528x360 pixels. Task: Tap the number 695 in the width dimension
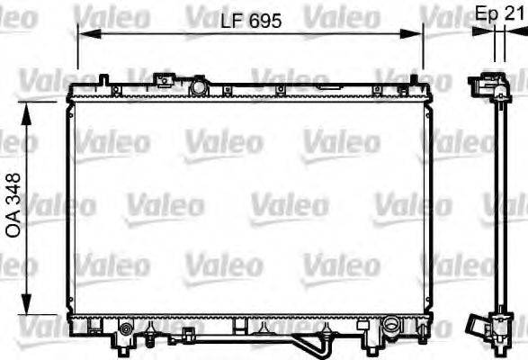264,19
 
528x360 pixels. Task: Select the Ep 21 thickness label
499,14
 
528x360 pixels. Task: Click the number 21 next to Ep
515,14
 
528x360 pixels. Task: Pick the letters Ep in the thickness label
486,14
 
